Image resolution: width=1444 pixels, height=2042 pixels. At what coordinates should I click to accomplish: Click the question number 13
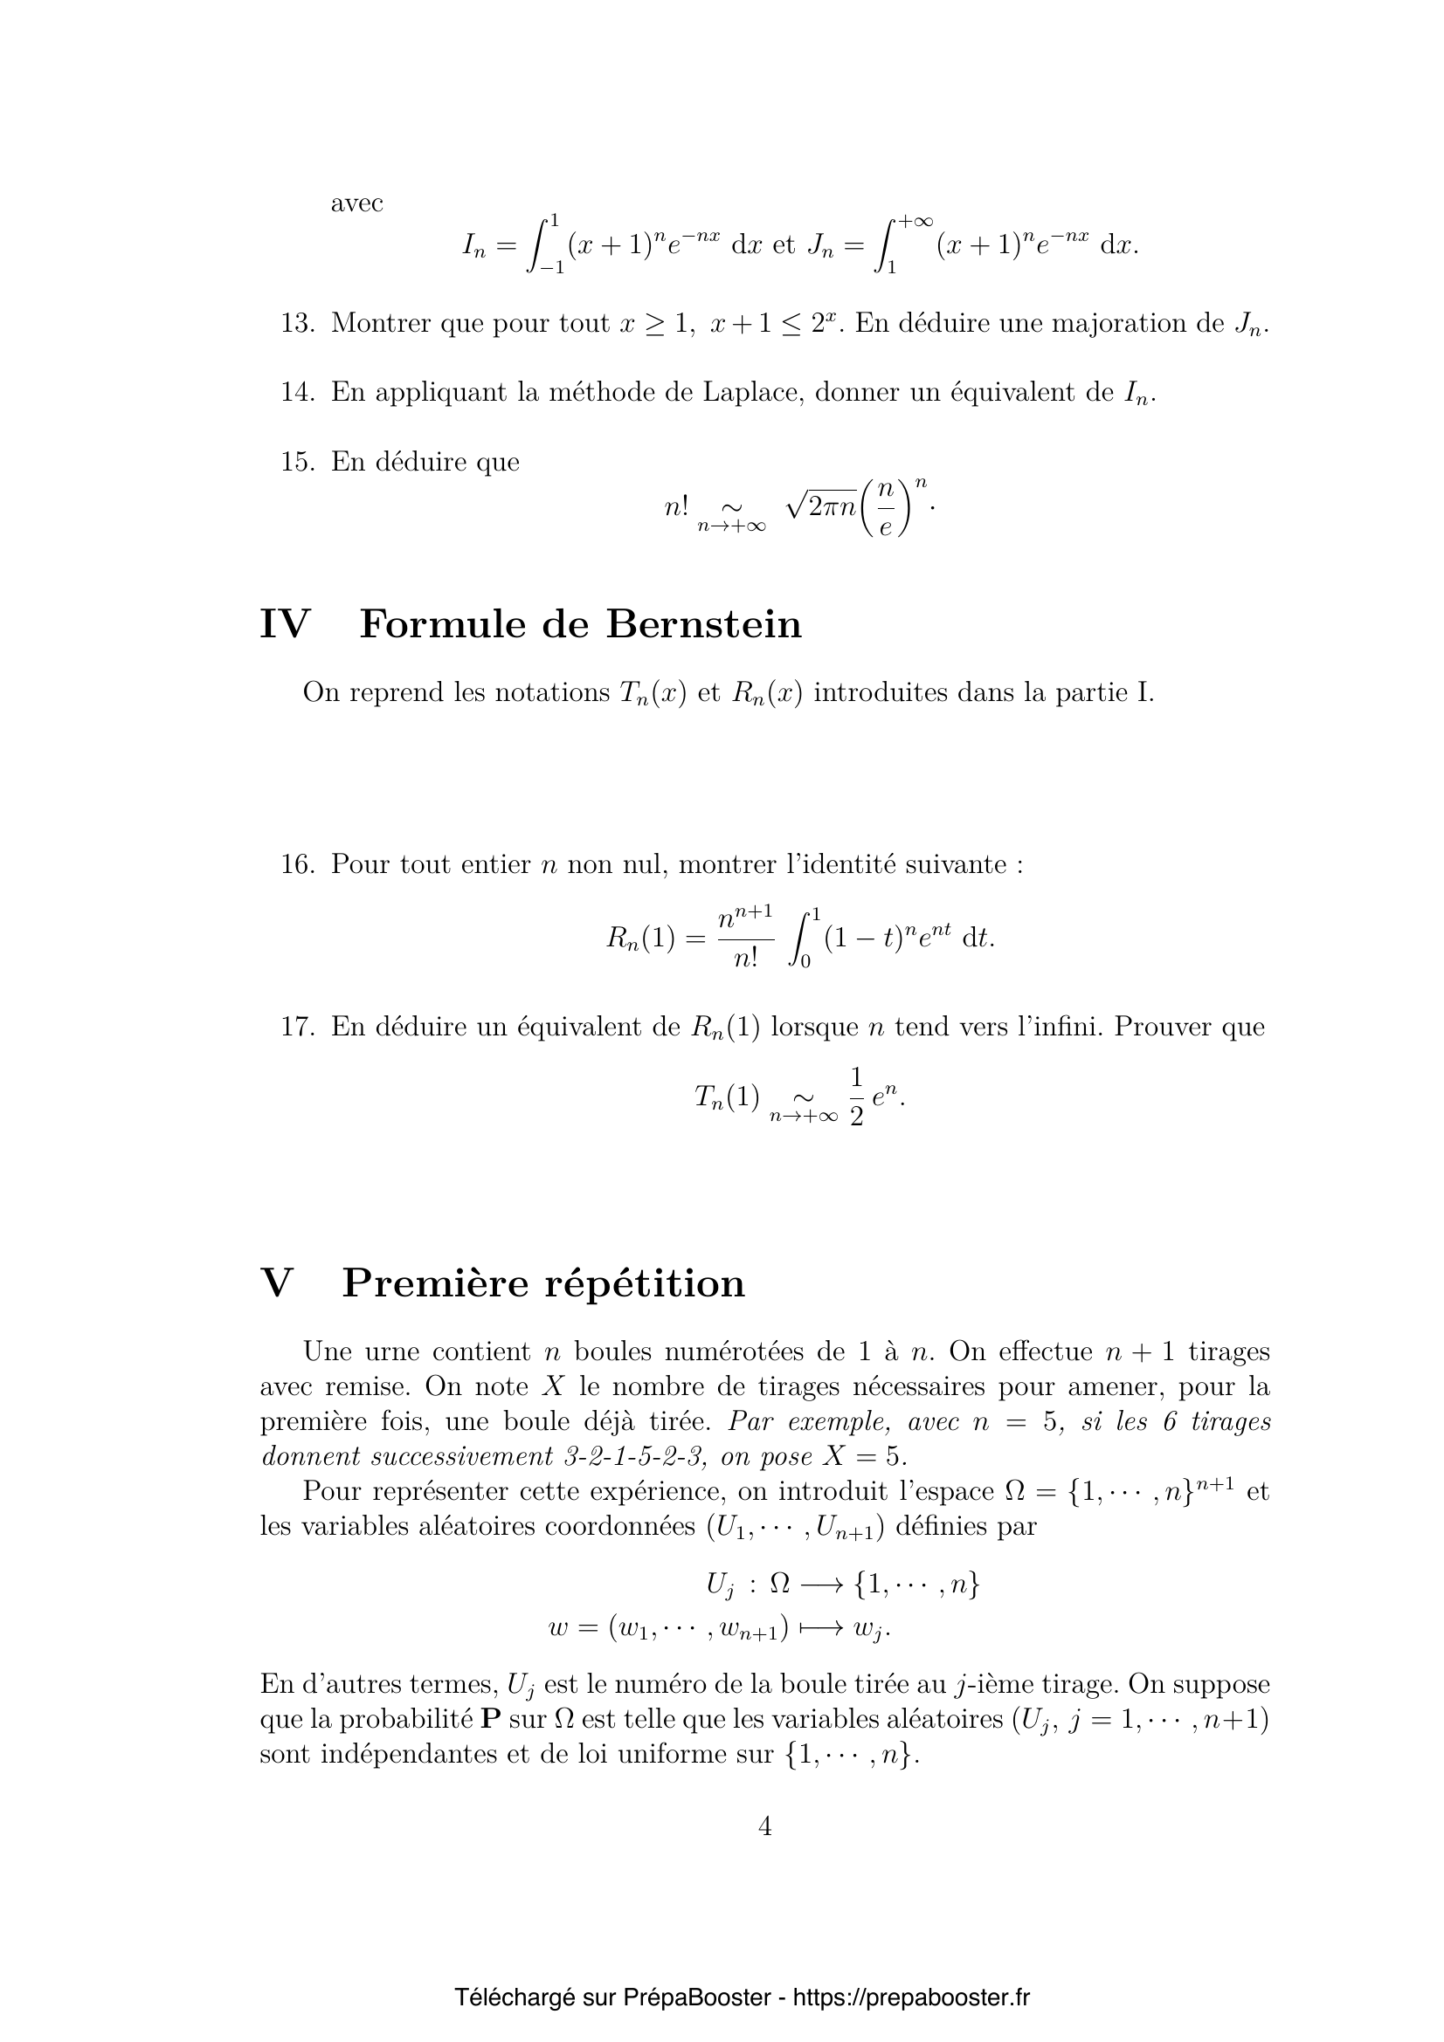tap(297, 324)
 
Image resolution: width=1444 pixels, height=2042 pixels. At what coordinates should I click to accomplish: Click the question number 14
tap(297, 392)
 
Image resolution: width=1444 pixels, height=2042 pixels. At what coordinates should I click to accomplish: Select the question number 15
tap(297, 462)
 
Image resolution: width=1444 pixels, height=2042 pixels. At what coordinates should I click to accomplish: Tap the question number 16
tap(297, 863)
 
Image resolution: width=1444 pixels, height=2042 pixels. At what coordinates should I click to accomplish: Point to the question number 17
tap(297, 1027)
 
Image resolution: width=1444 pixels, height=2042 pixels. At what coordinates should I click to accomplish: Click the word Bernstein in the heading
tap(704, 624)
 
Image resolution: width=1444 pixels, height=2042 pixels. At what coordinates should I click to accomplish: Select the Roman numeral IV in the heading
tap(284, 624)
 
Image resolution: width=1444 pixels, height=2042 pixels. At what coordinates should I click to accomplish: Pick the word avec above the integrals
tap(356, 203)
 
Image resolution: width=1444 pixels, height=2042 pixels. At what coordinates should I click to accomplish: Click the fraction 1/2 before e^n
tap(856, 1097)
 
